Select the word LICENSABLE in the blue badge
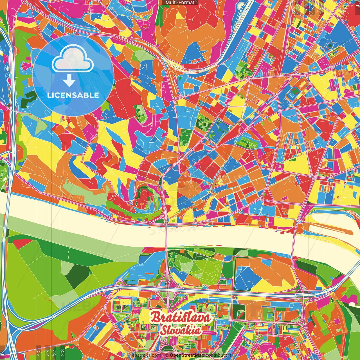pos(73,95)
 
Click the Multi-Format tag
pos(180,3)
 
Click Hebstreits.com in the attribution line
pos(145,355)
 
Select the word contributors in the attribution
pos(219,355)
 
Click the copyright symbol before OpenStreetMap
pos(166,355)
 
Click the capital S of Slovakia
pos(163,331)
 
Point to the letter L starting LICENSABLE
pos(49,95)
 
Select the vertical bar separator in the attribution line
pos(163,355)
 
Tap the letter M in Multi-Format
pos(167,3)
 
